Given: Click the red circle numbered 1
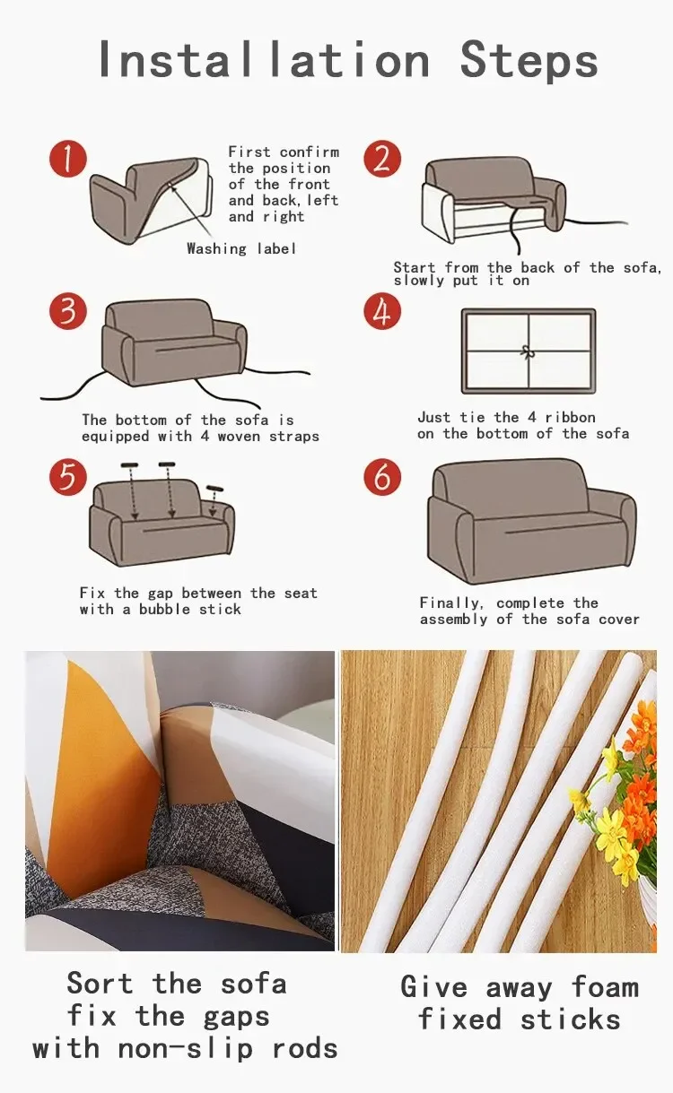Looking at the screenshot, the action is click(68, 159).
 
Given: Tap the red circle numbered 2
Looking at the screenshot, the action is click(382, 159).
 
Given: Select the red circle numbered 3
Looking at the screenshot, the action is click(68, 311).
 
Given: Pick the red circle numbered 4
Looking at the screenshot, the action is click(382, 311).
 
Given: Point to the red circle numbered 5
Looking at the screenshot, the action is click(68, 477).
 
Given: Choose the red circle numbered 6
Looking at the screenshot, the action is click(382, 477).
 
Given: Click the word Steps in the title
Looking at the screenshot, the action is click(529, 61).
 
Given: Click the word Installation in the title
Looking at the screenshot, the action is click(264, 59).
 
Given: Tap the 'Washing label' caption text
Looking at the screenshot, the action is click(241, 249).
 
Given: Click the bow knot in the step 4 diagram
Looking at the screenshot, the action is click(528, 351).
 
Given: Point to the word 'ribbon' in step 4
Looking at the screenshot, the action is click(571, 418).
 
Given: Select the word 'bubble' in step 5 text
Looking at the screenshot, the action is click(164, 609).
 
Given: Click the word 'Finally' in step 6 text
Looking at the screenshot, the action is click(451, 603).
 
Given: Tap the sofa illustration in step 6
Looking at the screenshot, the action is click(532, 521).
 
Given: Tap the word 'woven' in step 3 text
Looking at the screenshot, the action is click(239, 437).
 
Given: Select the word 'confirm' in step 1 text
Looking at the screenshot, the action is click(310, 152).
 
